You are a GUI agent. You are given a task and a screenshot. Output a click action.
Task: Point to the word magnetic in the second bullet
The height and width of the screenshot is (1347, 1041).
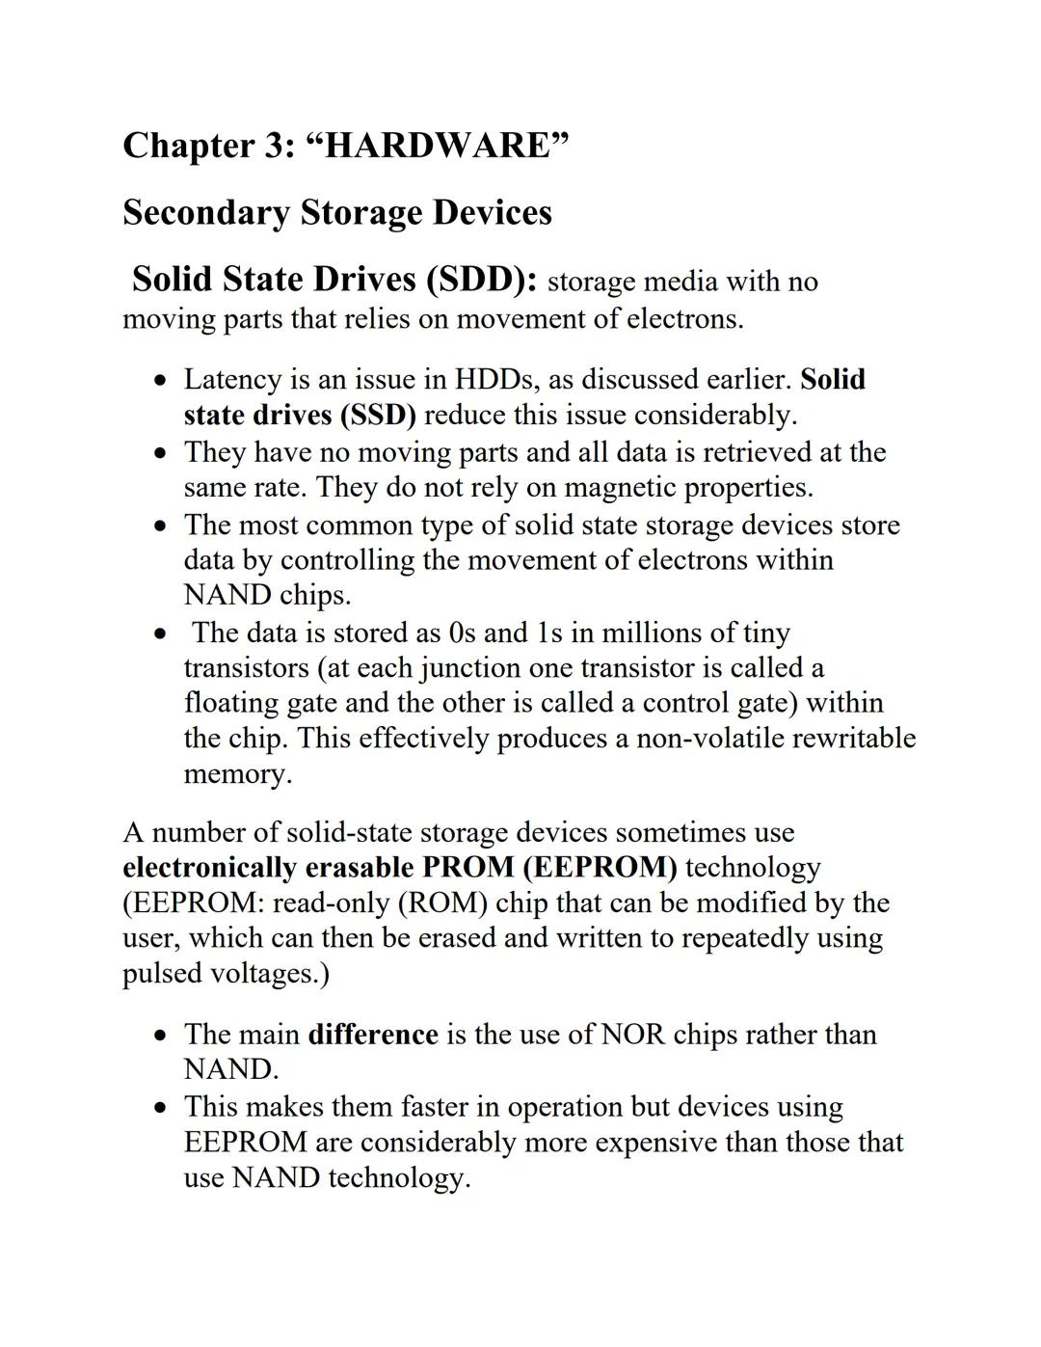(x=620, y=487)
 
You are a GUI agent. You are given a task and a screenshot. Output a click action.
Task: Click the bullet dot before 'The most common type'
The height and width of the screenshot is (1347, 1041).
(x=161, y=526)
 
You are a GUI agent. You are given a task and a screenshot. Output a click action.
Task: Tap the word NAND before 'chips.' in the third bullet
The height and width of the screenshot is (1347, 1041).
(x=227, y=594)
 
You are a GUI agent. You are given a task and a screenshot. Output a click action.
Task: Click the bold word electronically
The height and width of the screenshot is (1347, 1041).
(x=209, y=867)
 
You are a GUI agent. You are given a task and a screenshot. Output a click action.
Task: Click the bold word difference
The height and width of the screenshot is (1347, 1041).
(x=373, y=1035)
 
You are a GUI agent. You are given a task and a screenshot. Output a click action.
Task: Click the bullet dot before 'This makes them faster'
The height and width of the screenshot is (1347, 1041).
(x=161, y=1108)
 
